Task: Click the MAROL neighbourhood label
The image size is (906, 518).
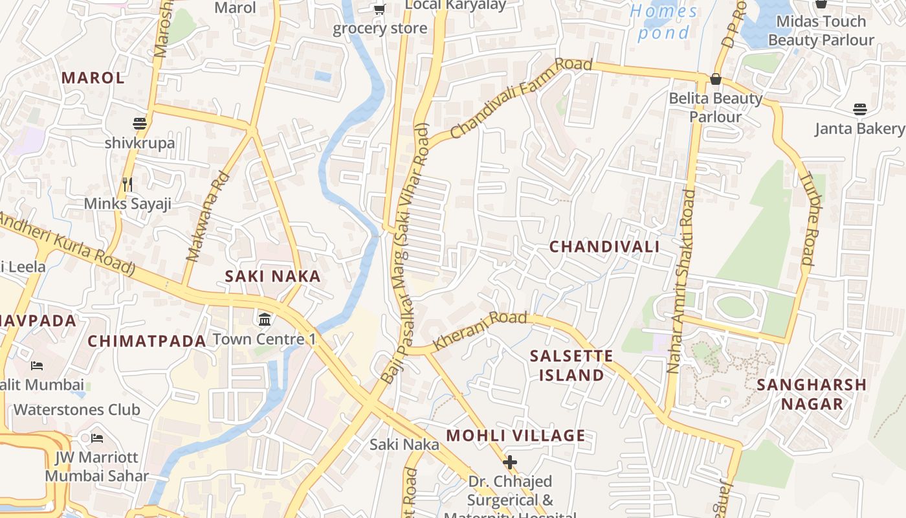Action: tap(93, 78)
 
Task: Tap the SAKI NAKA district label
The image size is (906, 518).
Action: tap(272, 276)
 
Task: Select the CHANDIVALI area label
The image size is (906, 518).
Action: tap(604, 247)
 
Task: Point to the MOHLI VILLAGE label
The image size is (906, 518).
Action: tap(516, 436)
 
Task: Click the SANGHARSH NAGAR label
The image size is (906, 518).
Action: tap(812, 394)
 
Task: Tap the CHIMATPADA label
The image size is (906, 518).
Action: tap(147, 341)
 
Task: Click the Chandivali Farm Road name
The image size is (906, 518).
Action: tap(521, 98)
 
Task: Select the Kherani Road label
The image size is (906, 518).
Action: tap(480, 330)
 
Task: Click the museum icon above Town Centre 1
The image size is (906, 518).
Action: tap(265, 319)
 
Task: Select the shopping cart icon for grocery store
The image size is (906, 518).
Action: tap(379, 9)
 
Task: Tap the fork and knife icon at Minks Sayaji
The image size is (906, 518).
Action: tap(127, 185)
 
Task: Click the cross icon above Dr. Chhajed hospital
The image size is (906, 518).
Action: tap(510, 462)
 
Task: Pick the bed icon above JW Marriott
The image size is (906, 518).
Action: tap(97, 438)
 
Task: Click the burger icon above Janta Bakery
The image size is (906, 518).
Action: tap(859, 109)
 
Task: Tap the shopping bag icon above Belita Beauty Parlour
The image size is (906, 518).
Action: tap(715, 79)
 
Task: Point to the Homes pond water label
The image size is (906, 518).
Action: tap(664, 21)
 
